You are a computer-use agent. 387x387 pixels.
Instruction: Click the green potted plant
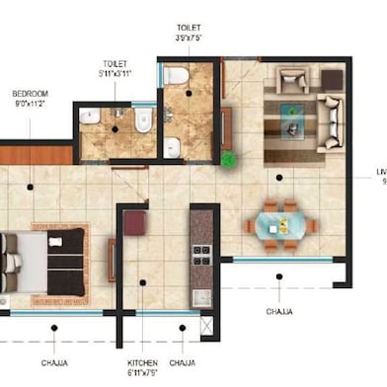[x=229, y=158]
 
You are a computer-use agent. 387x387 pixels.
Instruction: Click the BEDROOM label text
[x=29, y=95]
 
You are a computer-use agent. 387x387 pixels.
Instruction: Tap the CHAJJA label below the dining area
[x=279, y=310]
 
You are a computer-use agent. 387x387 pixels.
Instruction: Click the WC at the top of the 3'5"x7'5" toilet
[x=177, y=75]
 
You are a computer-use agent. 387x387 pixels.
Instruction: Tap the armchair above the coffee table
[x=293, y=80]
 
